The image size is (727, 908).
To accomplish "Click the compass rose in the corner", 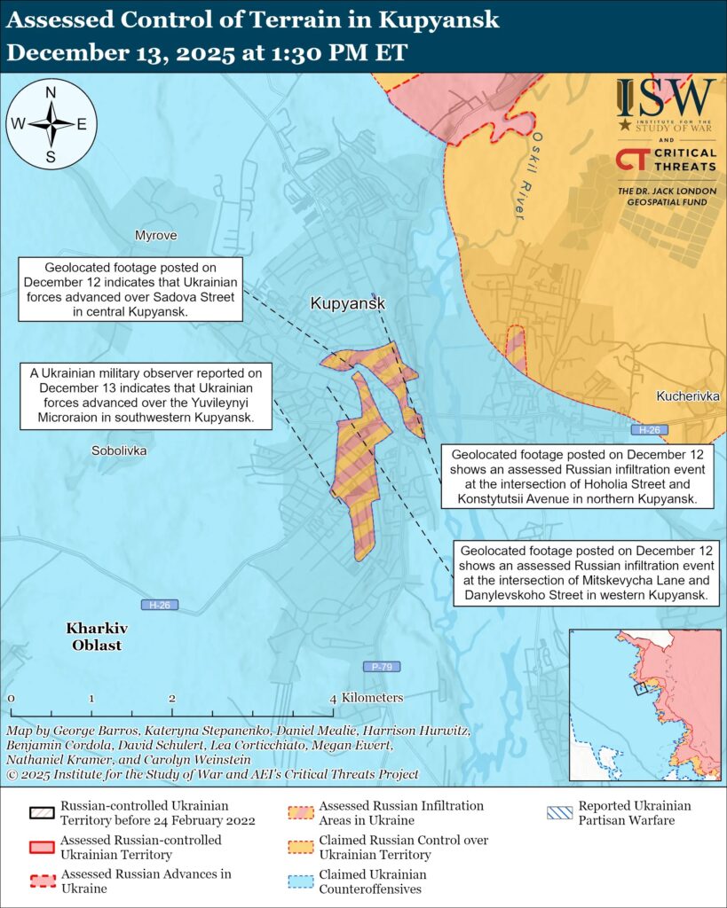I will click(51, 124).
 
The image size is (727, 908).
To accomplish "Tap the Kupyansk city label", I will click(348, 304).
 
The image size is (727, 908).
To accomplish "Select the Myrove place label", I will click(155, 236).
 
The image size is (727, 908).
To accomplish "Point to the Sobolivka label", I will click(119, 450).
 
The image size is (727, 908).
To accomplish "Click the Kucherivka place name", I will click(688, 395).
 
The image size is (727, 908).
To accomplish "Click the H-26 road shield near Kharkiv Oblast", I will click(160, 606).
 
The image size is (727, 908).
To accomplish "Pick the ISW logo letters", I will click(666, 96).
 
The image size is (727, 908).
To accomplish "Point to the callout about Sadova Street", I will click(131, 290).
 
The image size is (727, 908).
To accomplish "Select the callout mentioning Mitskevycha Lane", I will click(586, 573).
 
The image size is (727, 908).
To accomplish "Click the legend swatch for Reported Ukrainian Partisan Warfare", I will click(559, 813).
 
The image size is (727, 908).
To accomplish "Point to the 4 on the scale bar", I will click(334, 698).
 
